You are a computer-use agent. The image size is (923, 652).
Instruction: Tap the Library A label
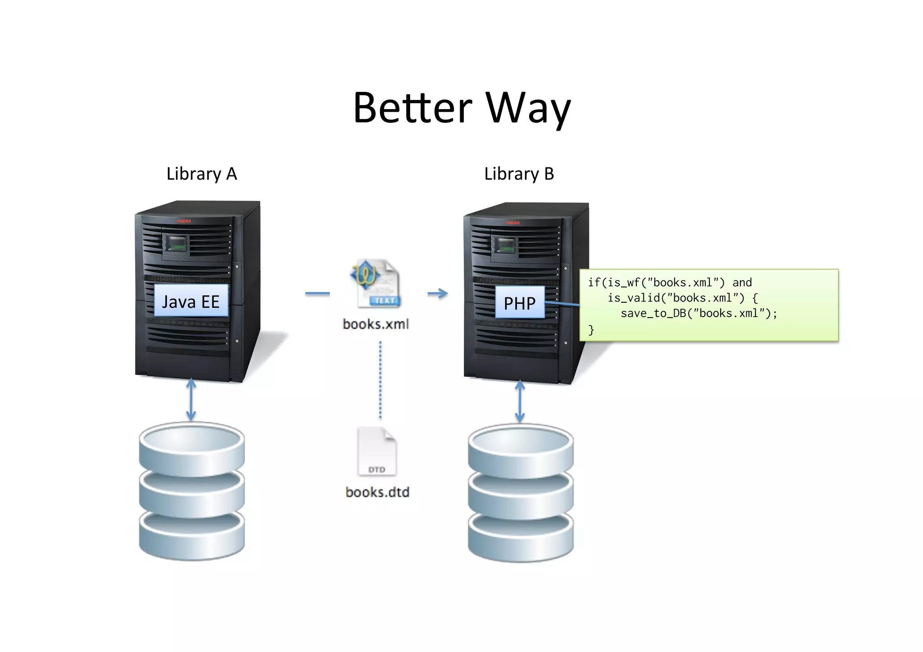coord(201,174)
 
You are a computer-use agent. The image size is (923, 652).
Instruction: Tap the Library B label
coord(519,174)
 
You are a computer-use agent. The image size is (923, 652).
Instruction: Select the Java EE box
coord(191,301)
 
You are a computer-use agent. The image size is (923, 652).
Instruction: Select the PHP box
coord(520,303)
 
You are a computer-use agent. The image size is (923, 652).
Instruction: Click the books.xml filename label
coord(375,324)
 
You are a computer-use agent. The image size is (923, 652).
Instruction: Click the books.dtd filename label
coord(377,492)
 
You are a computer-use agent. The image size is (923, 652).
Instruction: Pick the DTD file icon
coord(377,452)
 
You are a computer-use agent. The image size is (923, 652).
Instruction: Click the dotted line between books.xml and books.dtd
coord(380,381)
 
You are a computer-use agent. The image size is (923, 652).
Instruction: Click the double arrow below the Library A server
coord(191,400)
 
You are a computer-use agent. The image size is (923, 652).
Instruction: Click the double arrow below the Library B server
coord(520,401)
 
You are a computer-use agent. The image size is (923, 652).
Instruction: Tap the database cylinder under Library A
coord(192,491)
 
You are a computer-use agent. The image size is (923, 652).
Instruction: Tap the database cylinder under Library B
coord(521,493)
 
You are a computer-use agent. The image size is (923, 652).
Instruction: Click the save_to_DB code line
coord(699,314)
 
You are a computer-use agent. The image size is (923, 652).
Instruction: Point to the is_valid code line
coord(683,298)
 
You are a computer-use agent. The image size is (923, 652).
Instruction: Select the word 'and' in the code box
coord(742,283)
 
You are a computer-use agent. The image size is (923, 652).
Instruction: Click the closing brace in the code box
coord(591,330)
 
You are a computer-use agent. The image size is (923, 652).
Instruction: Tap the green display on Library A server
coord(176,245)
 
